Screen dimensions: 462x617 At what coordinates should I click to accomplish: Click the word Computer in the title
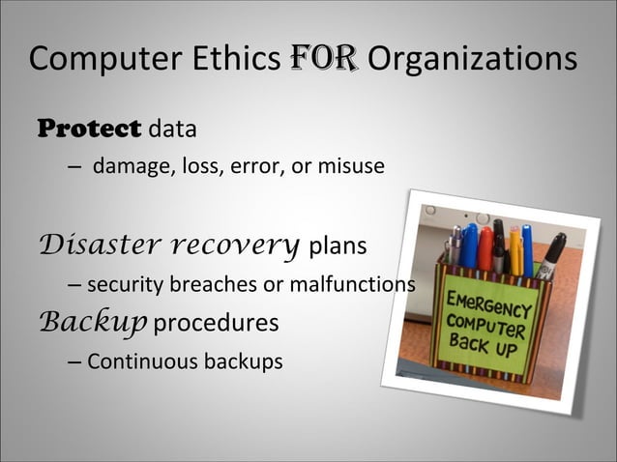pos(91,60)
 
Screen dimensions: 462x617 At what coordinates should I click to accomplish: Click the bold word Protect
pos(88,128)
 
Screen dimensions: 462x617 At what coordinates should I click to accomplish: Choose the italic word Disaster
pos(96,244)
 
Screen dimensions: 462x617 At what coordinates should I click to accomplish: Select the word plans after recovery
pos(337,246)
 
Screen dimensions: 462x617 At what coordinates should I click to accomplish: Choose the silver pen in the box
pos(454,247)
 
